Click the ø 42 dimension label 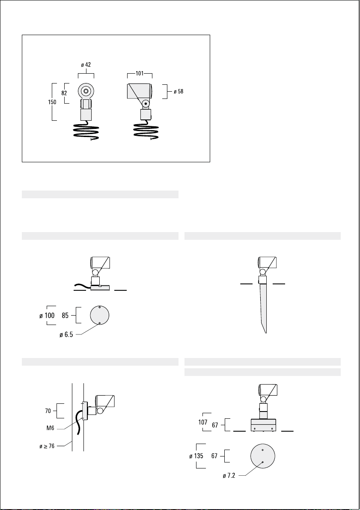pyautogui.click(x=86, y=65)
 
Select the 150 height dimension pyautogui.click(x=52, y=102)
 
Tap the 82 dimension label pyautogui.click(x=64, y=92)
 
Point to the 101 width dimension pyautogui.click(x=140, y=74)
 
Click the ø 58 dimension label pyautogui.click(x=179, y=91)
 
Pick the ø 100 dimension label pyautogui.click(x=47, y=316)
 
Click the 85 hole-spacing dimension pyautogui.click(x=65, y=316)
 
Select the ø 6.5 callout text pyautogui.click(x=66, y=334)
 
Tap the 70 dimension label pyautogui.click(x=48, y=411)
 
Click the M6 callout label pyautogui.click(x=50, y=428)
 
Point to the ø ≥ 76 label pyautogui.click(x=47, y=446)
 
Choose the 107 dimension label pyautogui.click(x=202, y=422)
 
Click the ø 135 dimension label pyautogui.click(x=196, y=456)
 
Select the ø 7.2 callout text pyautogui.click(x=229, y=476)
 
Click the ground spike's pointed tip pyautogui.click(x=266, y=333)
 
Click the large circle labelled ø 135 pyautogui.click(x=263, y=444)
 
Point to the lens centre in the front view pyautogui.click(x=86, y=91)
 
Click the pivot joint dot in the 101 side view pyautogui.click(x=146, y=104)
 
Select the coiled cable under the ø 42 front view pyautogui.click(x=86, y=131)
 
